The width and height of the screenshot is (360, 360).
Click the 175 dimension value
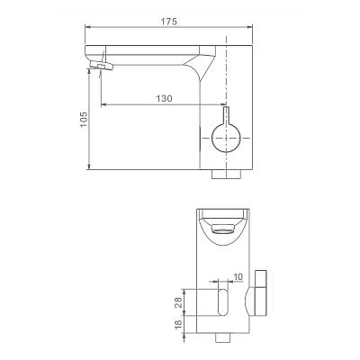tap(169, 22)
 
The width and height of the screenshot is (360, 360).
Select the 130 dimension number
tap(164, 98)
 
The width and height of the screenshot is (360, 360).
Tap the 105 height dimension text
tap(84, 119)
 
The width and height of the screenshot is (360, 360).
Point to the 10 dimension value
tap(238, 276)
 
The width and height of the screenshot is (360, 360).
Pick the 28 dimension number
tap(178, 302)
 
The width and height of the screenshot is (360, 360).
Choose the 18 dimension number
tap(178, 324)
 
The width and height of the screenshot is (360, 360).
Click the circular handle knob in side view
tap(226, 138)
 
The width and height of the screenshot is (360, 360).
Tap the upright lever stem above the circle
tap(226, 115)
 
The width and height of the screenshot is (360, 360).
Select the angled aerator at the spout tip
tap(101, 65)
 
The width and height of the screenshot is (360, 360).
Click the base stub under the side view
tap(227, 175)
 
